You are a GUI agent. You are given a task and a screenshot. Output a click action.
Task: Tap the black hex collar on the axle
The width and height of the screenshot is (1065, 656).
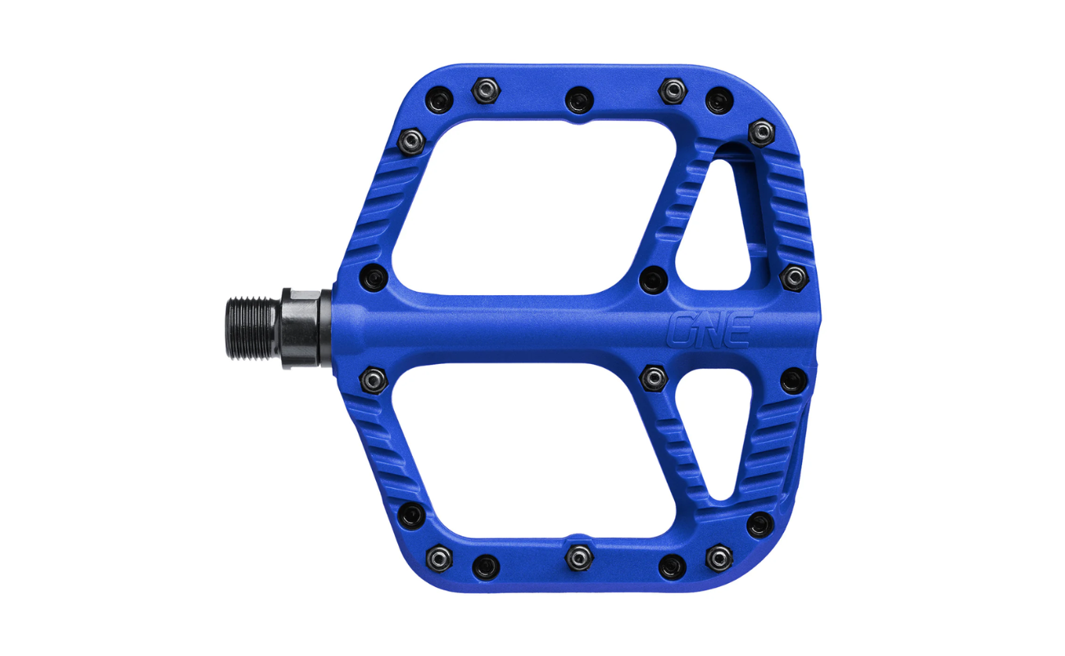click(x=305, y=328)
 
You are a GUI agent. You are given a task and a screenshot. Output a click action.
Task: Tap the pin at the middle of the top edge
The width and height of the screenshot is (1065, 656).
click(x=578, y=100)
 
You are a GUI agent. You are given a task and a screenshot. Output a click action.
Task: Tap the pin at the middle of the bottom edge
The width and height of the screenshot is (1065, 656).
click(x=578, y=557)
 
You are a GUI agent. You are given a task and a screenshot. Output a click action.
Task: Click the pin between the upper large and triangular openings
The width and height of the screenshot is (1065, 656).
click(x=653, y=280)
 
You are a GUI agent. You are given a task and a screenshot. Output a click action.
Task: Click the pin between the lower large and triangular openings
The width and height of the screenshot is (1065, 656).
click(x=653, y=377)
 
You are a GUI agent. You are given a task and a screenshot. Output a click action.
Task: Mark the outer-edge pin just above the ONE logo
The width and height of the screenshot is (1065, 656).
click(x=793, y=276)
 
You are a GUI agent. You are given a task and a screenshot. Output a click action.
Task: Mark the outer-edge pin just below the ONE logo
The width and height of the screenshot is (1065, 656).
click(x=793, y=380)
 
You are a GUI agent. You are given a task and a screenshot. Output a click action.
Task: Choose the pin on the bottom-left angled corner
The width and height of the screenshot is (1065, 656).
click(x=412, y=515)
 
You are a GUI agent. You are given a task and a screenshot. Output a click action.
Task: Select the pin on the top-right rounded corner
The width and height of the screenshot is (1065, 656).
click(x=761, y=131)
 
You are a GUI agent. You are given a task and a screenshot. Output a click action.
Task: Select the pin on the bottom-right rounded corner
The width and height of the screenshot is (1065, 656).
click(x=759, y=524)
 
